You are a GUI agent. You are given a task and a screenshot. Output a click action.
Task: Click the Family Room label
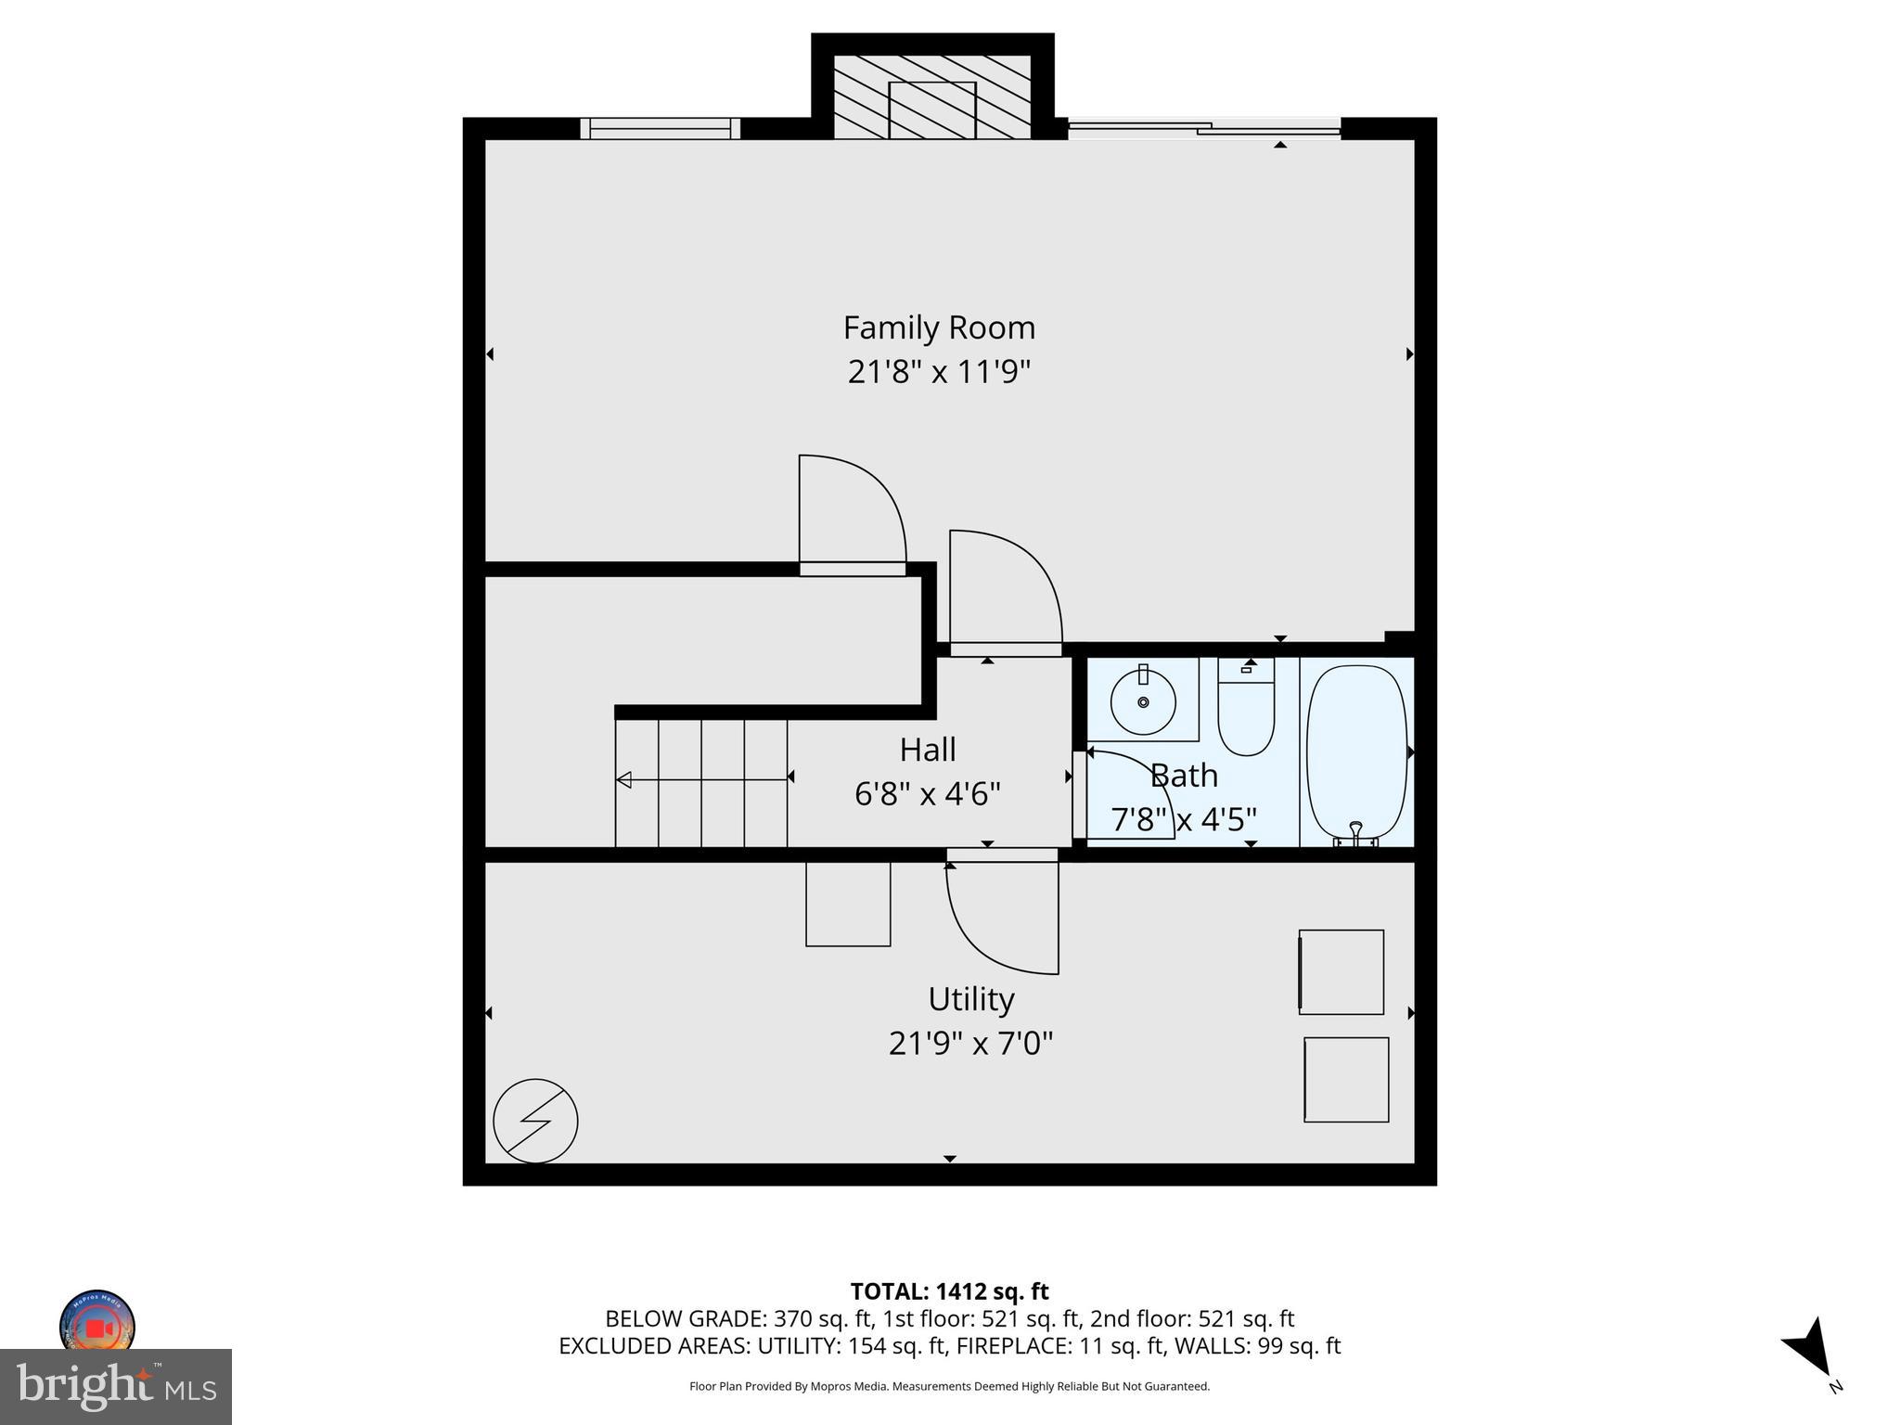[938, 327]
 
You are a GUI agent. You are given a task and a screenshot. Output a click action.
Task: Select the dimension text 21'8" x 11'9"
[939, 372]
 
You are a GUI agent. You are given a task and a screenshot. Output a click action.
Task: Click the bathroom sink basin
[1143, 702]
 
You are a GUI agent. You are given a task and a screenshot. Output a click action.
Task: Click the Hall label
[927, 750]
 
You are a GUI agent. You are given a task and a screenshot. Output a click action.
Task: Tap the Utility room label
[970, 999]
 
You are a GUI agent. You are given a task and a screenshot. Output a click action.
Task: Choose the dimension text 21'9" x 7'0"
[970, 1044]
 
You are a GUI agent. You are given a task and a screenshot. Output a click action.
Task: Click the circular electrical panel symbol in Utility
[535, 1121]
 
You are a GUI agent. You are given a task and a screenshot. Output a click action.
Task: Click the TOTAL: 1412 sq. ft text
[949, 1291]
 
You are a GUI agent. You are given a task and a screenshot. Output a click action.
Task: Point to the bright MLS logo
[116, 1386]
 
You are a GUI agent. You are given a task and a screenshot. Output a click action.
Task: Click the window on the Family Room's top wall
[660, 128]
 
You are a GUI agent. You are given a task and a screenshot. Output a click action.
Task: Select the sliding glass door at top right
[1204, 128]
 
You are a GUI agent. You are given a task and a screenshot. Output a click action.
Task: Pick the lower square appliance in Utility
[1346, 1080]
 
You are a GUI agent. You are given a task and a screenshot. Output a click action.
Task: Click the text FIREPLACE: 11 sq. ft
[1105, 1346]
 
